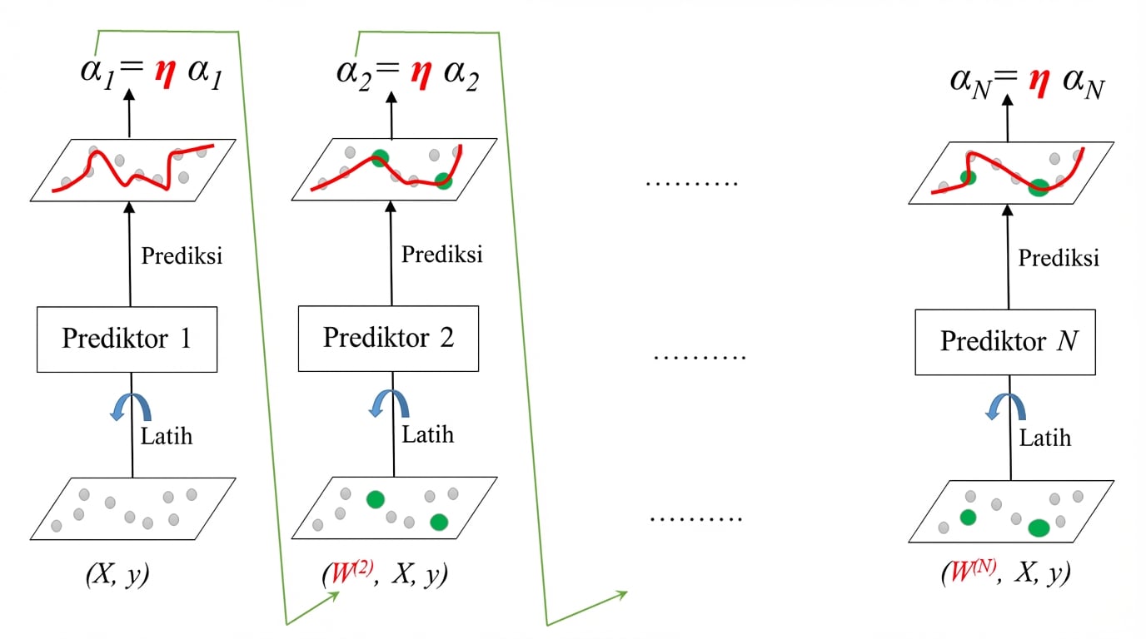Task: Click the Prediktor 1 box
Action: pyautogui.click(x=127, y=339)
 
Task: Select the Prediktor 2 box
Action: pyautogui.click(x=388, y=338)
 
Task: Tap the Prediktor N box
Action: pyautogui.click(x=1005, y=341)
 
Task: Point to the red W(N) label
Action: pyautogui.click(x=966, y=575)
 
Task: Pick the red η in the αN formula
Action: pyautogui.click(x=1037, y=83)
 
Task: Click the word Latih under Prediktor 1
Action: pyautogui.click(x=167, y=435)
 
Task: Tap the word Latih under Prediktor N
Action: pyautogui.click(x=1046, y=437)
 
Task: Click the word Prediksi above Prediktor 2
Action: pyautogui.click(x=442, y=254)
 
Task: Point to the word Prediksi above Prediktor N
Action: pyautogui.click(x=1059, y=258)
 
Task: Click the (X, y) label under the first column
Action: pyautogui.click(x=118, y=576)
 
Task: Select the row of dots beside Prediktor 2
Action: pyautogui.click(x=700, y=357)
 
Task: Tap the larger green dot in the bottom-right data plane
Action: pyautogui.click(x=1038, y=528)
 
